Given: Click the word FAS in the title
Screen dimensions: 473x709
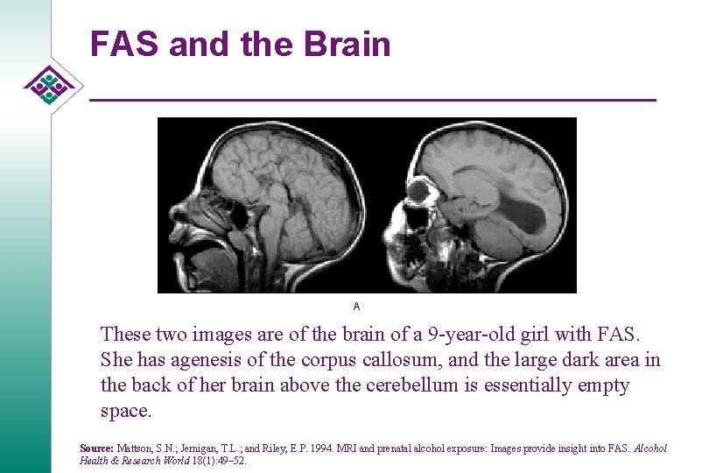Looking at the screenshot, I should [123, 44].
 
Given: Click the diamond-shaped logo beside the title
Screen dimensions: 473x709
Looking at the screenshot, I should [51, 85].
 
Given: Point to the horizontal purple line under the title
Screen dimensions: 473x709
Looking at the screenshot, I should [372, 101].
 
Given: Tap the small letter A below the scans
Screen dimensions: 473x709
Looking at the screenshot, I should [356, 307].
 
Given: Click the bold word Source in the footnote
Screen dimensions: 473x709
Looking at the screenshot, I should [96, 448].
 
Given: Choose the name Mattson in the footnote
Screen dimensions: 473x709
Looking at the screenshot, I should [136, 448].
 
